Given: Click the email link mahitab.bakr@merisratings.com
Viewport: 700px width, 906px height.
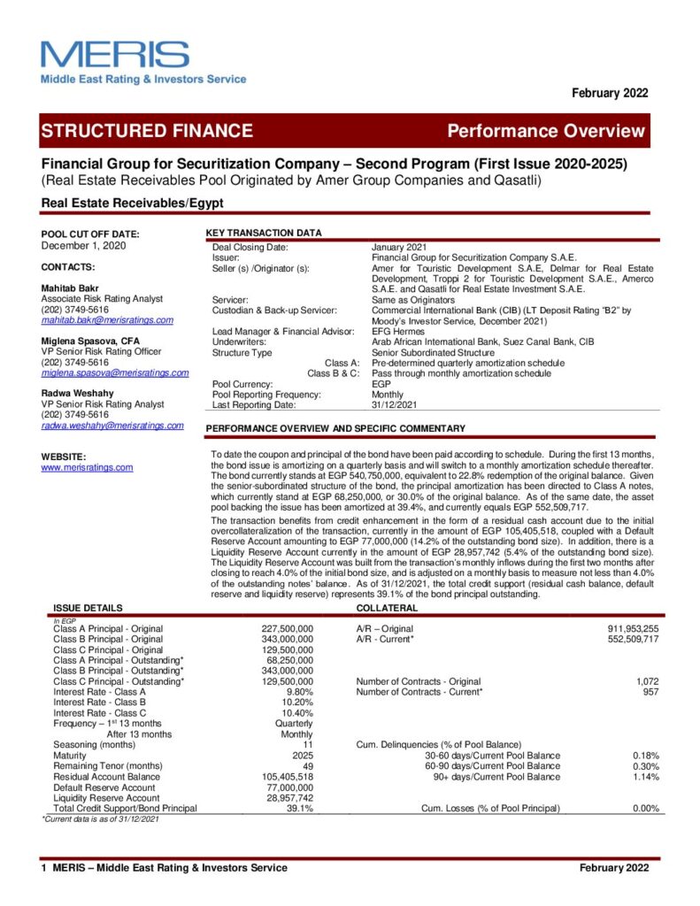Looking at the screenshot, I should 107,320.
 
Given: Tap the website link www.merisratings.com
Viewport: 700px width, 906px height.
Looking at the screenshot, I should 88,467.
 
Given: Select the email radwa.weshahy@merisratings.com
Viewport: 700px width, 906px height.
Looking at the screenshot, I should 112,426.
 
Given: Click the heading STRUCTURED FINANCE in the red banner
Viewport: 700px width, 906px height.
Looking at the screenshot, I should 147,131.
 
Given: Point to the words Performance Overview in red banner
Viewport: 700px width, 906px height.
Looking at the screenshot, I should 546,131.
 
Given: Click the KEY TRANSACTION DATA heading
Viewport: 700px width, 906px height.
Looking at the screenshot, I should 264,233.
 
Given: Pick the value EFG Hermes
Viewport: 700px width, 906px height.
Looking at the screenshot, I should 398,332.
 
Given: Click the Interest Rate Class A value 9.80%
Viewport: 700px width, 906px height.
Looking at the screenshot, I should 297,692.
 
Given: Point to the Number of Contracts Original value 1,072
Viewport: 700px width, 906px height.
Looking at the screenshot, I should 648,681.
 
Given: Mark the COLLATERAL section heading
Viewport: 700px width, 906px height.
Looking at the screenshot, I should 387,608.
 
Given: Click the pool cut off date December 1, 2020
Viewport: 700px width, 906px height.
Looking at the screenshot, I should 85,246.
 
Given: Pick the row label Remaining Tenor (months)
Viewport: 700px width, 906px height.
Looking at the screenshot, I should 107,766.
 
